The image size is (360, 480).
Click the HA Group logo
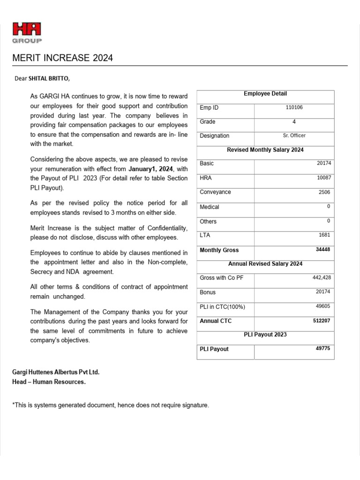click(27, 33)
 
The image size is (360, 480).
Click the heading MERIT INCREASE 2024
click(62, 58)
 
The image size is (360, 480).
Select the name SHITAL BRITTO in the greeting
click(49, 78)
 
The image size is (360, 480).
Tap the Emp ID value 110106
click(294, 107)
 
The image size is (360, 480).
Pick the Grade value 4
click(294, 121)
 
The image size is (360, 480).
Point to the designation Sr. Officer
click(294, 135)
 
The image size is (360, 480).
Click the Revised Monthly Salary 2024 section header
click(265, 150)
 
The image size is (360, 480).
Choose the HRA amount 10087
click(324, 178)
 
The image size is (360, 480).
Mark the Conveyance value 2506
click(325, 192)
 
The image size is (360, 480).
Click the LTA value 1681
click(325, 235)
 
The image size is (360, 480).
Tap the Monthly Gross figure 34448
click(323, 249)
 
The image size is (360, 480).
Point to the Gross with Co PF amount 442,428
click(322, 277)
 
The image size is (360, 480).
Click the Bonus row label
click(208, 292)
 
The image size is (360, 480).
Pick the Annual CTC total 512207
click(322, 321)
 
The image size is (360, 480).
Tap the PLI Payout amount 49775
click(323, 349)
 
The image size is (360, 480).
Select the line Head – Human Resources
click(49, 382)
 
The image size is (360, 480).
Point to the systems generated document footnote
click(111, 405)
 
